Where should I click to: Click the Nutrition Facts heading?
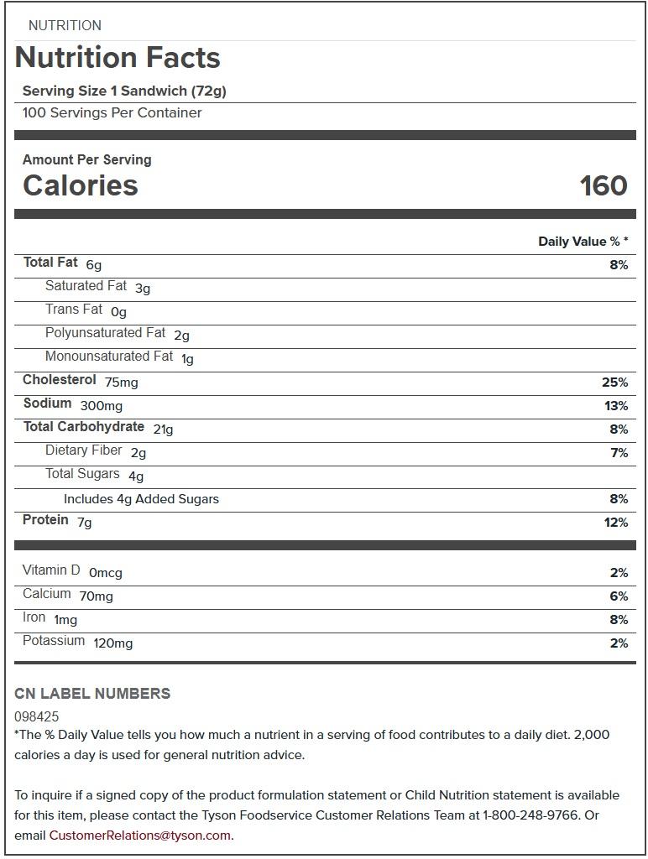pyautogui.click(x=118, y=58)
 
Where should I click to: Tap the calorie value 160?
pyautogui.click(x=603, y=185)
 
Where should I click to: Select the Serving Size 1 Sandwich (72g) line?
pyautogui.click(x=124, y=91)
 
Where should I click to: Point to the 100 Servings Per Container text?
pyautogui.click(x=112, y=113)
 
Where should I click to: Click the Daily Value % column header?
pyautogui.click(x=583, y=242)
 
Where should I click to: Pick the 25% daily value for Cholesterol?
pyautogui.click(x=614, y=383)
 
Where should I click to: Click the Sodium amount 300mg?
pyautogui.click(x=101, y=406)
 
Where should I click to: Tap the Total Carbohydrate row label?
pyautogui.click(x=83, y=427)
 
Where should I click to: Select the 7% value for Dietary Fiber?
pyautogui.click(x=619, y=453)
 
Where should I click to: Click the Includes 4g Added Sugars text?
pyautogui.click(x=141, y=499)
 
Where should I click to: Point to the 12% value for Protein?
pyautogui.click(x=615, y=523)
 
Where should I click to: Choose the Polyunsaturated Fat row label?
pyautogui.click(x=105, y=333)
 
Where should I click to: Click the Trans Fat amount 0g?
pyautogui.click(x=118, y=312)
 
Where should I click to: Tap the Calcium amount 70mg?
pyautogui.click(x=96, y=596)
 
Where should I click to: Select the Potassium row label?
pyautogui.click(x=54, y=641)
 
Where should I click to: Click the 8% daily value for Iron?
pyautogui.click(x=619, y=620)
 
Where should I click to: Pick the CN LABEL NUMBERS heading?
pyautogui.click(x=92, y=694)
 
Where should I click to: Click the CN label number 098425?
pyautogui.click(x=37, y=717)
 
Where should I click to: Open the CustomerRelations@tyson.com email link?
pyautogui.click(x=139, y=836)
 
